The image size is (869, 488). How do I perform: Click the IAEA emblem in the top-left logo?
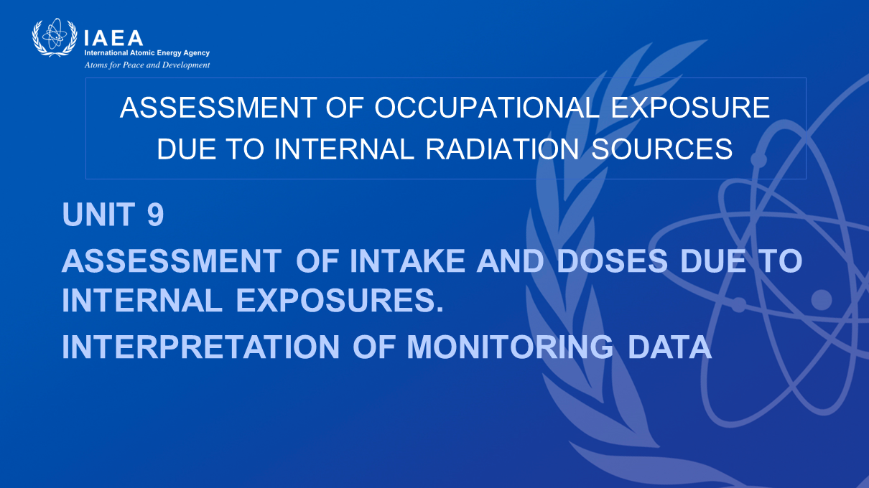click(x=55, y=37)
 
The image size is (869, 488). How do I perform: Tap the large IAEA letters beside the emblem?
click(x=113, y=38)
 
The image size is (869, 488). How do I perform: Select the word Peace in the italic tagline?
click(x=133, y=65)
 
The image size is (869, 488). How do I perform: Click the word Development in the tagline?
click(x=186, y=65)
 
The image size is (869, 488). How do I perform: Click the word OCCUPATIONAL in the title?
click(x=487, y=107)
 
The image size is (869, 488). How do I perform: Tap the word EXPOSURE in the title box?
click(x=691, y=107)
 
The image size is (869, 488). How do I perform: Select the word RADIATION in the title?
click(x=503, y=149)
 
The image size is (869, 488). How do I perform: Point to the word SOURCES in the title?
click(x=662, y=149)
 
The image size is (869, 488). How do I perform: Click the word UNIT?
click(x=98, y=214)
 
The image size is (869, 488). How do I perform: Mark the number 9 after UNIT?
click(x=155, y=214)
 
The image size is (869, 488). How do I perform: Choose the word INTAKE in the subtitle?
click(x=407, y=261)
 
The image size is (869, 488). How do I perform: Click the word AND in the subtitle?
click(x=510, y=261)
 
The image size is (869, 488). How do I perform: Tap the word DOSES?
click(x=612, y=261)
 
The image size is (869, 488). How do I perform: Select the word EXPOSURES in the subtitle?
click(x=340, y=300)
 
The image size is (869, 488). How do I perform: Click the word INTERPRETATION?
click(x=201, y=347)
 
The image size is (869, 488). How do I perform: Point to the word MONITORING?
click(x=510, y=347)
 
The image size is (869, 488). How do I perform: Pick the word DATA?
click(x=669, y=347)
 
